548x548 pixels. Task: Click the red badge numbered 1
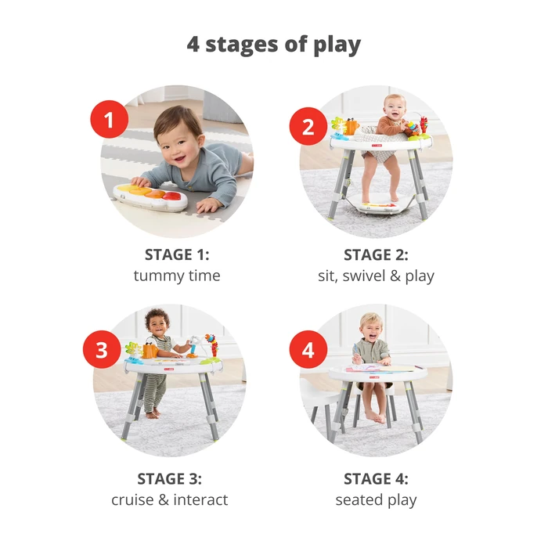coord(110,121)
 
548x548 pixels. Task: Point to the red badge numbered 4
coord(308,349)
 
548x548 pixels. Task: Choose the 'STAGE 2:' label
coord(376,254)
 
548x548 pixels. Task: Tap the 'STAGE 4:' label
coord(376,478)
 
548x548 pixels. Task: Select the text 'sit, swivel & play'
coord(376,276)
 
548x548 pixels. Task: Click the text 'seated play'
coord(376,499)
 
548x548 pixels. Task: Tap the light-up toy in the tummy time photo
coord(151,196)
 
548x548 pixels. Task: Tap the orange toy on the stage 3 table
coord(150,351)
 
